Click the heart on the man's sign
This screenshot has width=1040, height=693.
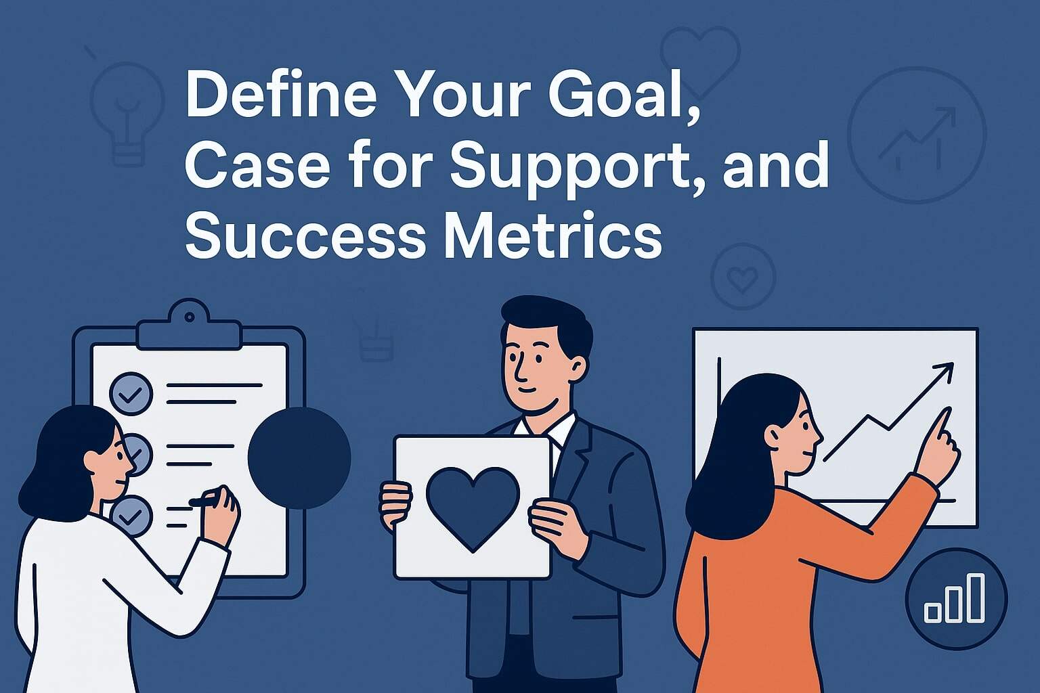click(473, 507)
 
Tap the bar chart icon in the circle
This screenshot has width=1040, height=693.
click(955, 598)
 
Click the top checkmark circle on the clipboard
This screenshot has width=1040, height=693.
click(131, 392)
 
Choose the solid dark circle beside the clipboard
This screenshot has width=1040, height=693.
click(299, 457)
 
